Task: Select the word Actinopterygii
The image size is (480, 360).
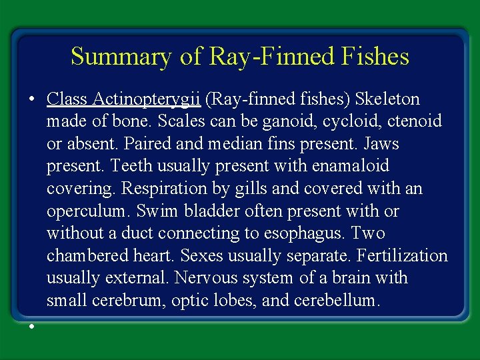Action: (x=148, y=99)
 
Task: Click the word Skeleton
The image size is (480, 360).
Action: (x=387, y=99)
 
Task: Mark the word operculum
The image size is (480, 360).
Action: (x=87, y=211)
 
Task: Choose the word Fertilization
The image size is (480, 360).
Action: (x=402, y=256)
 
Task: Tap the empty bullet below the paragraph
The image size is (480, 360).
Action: (x=31, y=326)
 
